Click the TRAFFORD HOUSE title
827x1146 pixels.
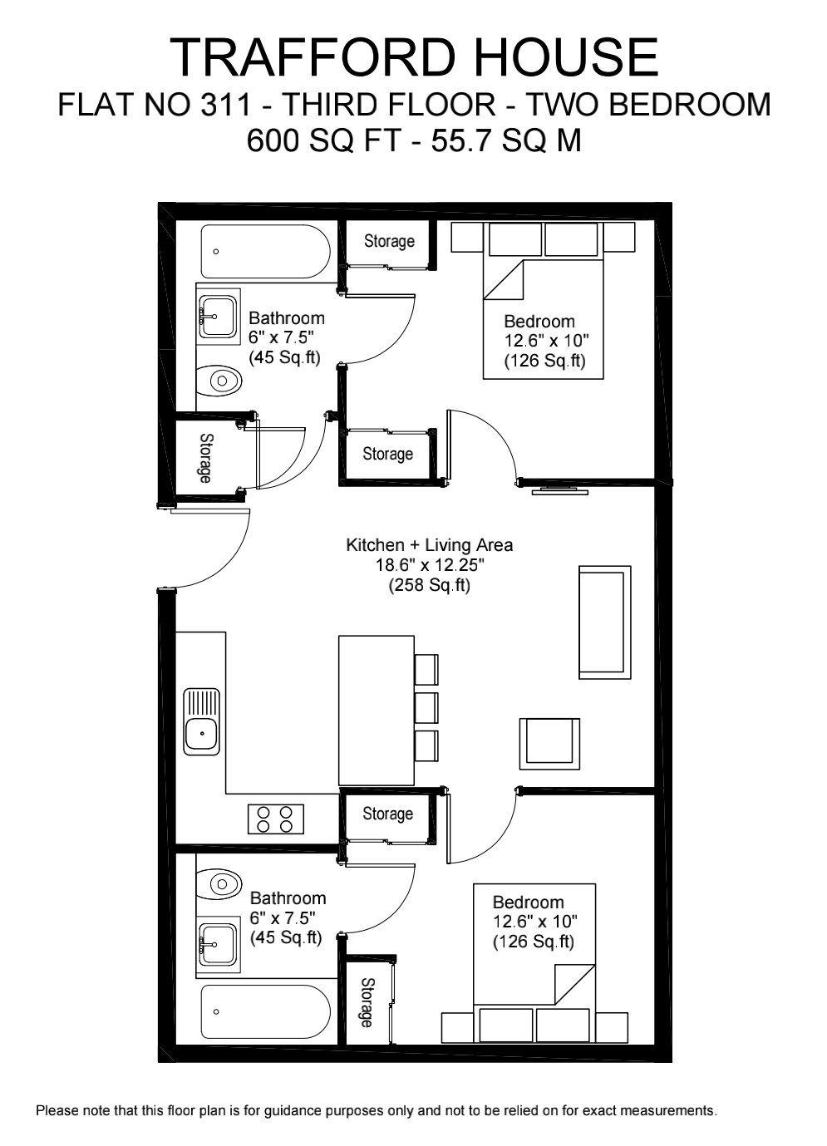pos(414,58)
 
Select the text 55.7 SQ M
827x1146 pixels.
pos(506,140)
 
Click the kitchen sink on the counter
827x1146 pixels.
pos(202,721)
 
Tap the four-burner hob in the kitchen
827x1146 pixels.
pos(275,819)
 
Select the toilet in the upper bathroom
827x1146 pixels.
pos(221,381)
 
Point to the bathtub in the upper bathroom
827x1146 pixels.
pos(265,251)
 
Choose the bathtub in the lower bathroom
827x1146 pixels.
pos(265,1012)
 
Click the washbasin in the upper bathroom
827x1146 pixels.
pos(218,316)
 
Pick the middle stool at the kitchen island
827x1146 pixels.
pos(426,706)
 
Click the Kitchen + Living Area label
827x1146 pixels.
pos(429,545)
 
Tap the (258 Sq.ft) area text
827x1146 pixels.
pos(429,585)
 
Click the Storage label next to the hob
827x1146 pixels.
pos(387,814)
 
